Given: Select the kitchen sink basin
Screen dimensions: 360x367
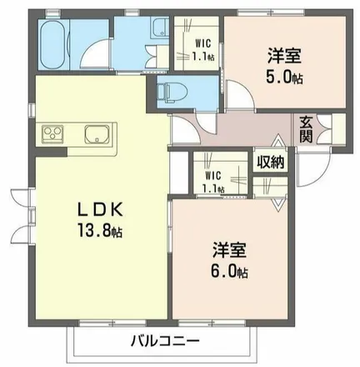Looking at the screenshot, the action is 97,134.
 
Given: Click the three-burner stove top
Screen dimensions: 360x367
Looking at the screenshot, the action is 52,134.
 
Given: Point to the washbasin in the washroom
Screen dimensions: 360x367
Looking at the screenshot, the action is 160,28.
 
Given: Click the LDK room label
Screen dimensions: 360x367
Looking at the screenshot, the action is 100,210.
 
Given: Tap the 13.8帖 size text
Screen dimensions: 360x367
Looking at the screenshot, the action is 100,230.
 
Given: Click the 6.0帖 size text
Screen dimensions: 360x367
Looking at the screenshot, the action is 230,271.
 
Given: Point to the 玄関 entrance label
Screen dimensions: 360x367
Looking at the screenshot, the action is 306,129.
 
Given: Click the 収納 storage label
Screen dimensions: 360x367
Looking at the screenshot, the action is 270,162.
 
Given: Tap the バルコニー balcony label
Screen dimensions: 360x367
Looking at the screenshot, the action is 165,341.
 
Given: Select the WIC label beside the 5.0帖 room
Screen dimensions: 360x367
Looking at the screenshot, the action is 203,43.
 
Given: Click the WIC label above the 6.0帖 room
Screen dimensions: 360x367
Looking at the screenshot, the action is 213,175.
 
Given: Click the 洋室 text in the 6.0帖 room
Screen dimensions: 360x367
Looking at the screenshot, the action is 230,250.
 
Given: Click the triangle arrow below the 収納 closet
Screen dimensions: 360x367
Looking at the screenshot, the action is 279,205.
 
